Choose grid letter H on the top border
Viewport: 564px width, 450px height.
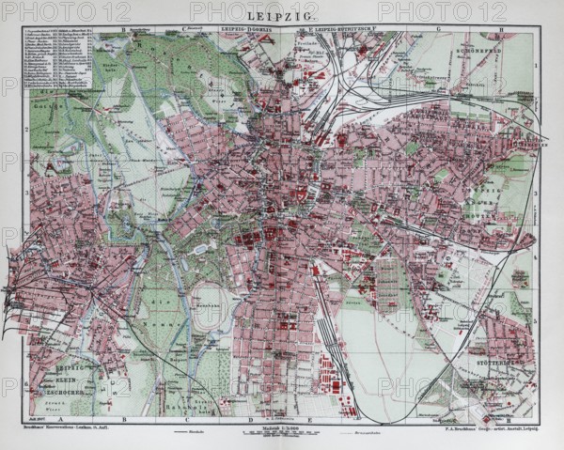click(504, 29)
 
